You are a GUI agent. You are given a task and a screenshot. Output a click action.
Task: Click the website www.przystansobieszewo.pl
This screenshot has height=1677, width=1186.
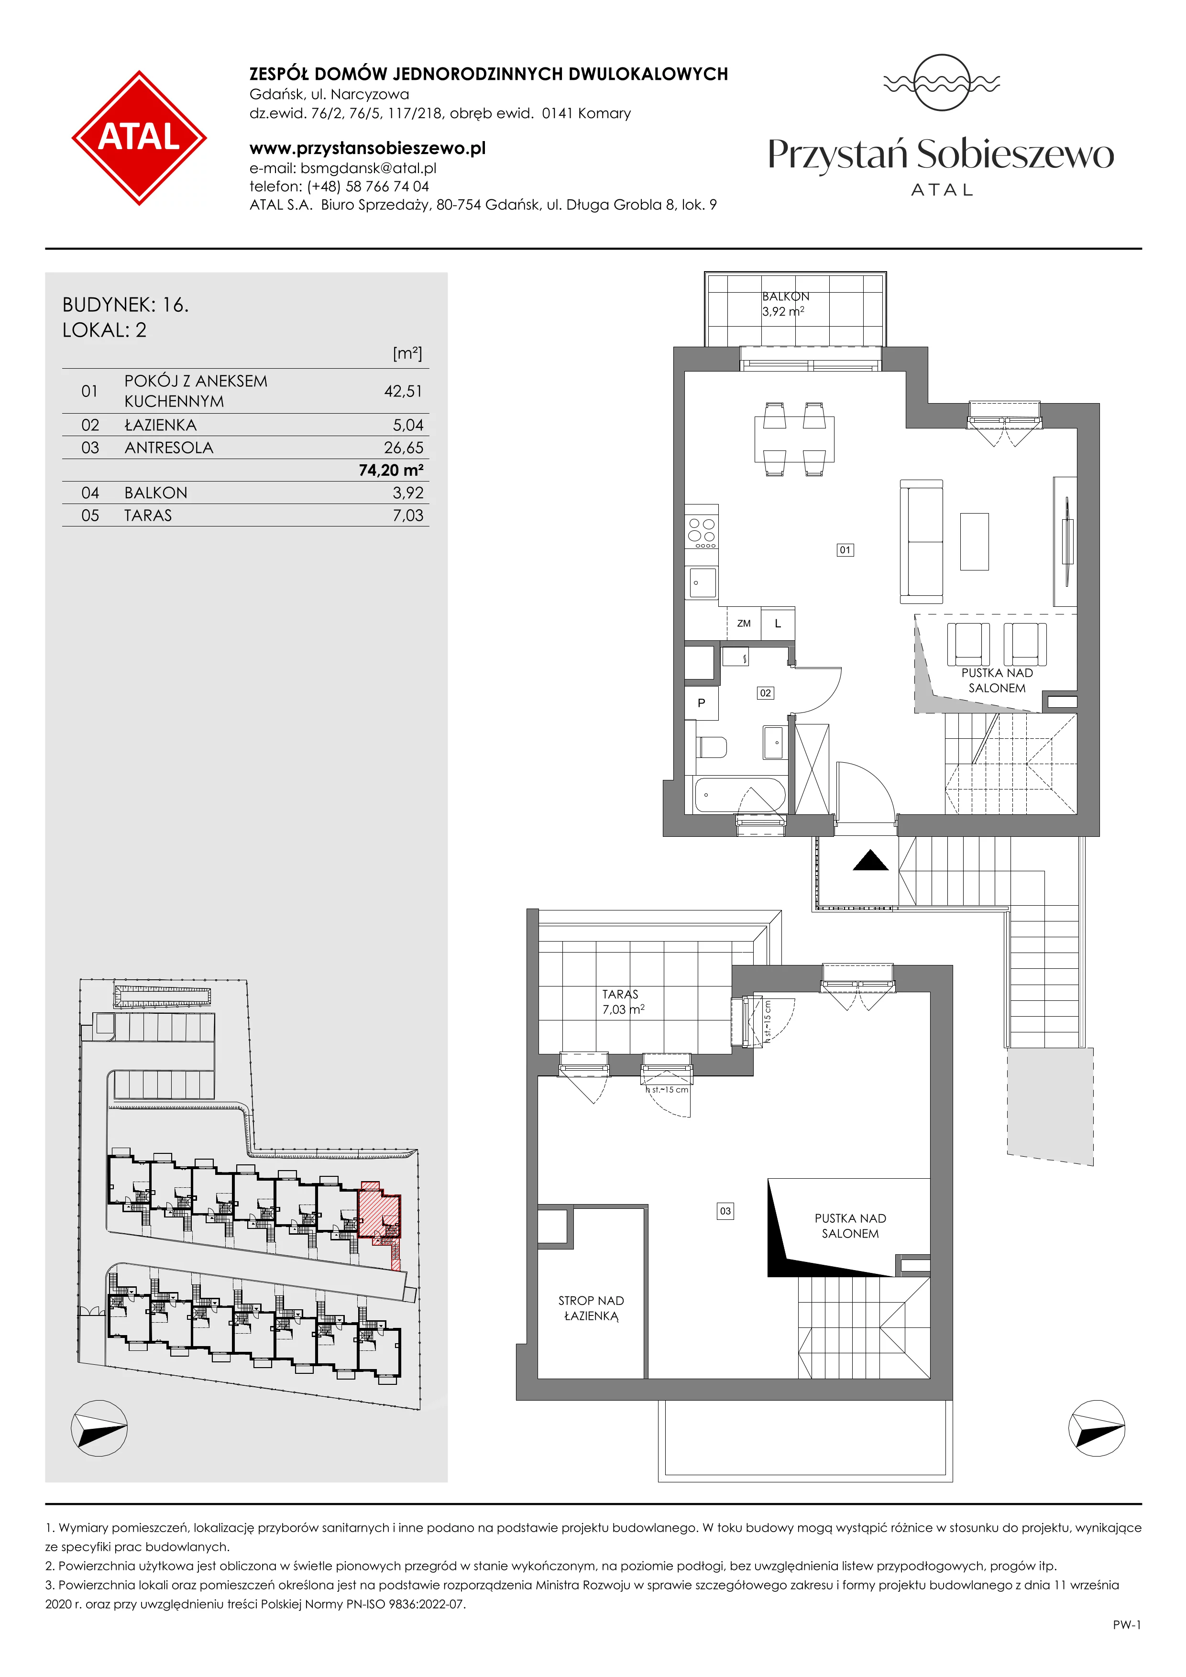367,148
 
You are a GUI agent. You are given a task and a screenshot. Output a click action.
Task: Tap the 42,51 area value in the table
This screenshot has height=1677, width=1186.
403,392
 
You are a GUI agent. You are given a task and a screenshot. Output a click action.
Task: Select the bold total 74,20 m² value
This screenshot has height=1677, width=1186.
391,471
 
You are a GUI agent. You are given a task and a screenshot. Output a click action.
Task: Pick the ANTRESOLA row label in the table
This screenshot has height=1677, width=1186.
169,448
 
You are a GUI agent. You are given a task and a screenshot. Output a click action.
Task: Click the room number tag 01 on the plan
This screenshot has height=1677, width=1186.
845,550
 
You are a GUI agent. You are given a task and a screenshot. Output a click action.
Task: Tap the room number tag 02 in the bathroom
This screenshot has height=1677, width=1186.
765,693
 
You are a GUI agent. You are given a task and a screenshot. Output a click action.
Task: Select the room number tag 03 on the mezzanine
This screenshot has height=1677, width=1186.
725,1211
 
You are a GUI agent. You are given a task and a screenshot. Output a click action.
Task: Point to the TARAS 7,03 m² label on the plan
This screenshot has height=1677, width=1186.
622,1002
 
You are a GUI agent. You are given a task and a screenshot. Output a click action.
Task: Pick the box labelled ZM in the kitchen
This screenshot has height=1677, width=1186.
744,624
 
